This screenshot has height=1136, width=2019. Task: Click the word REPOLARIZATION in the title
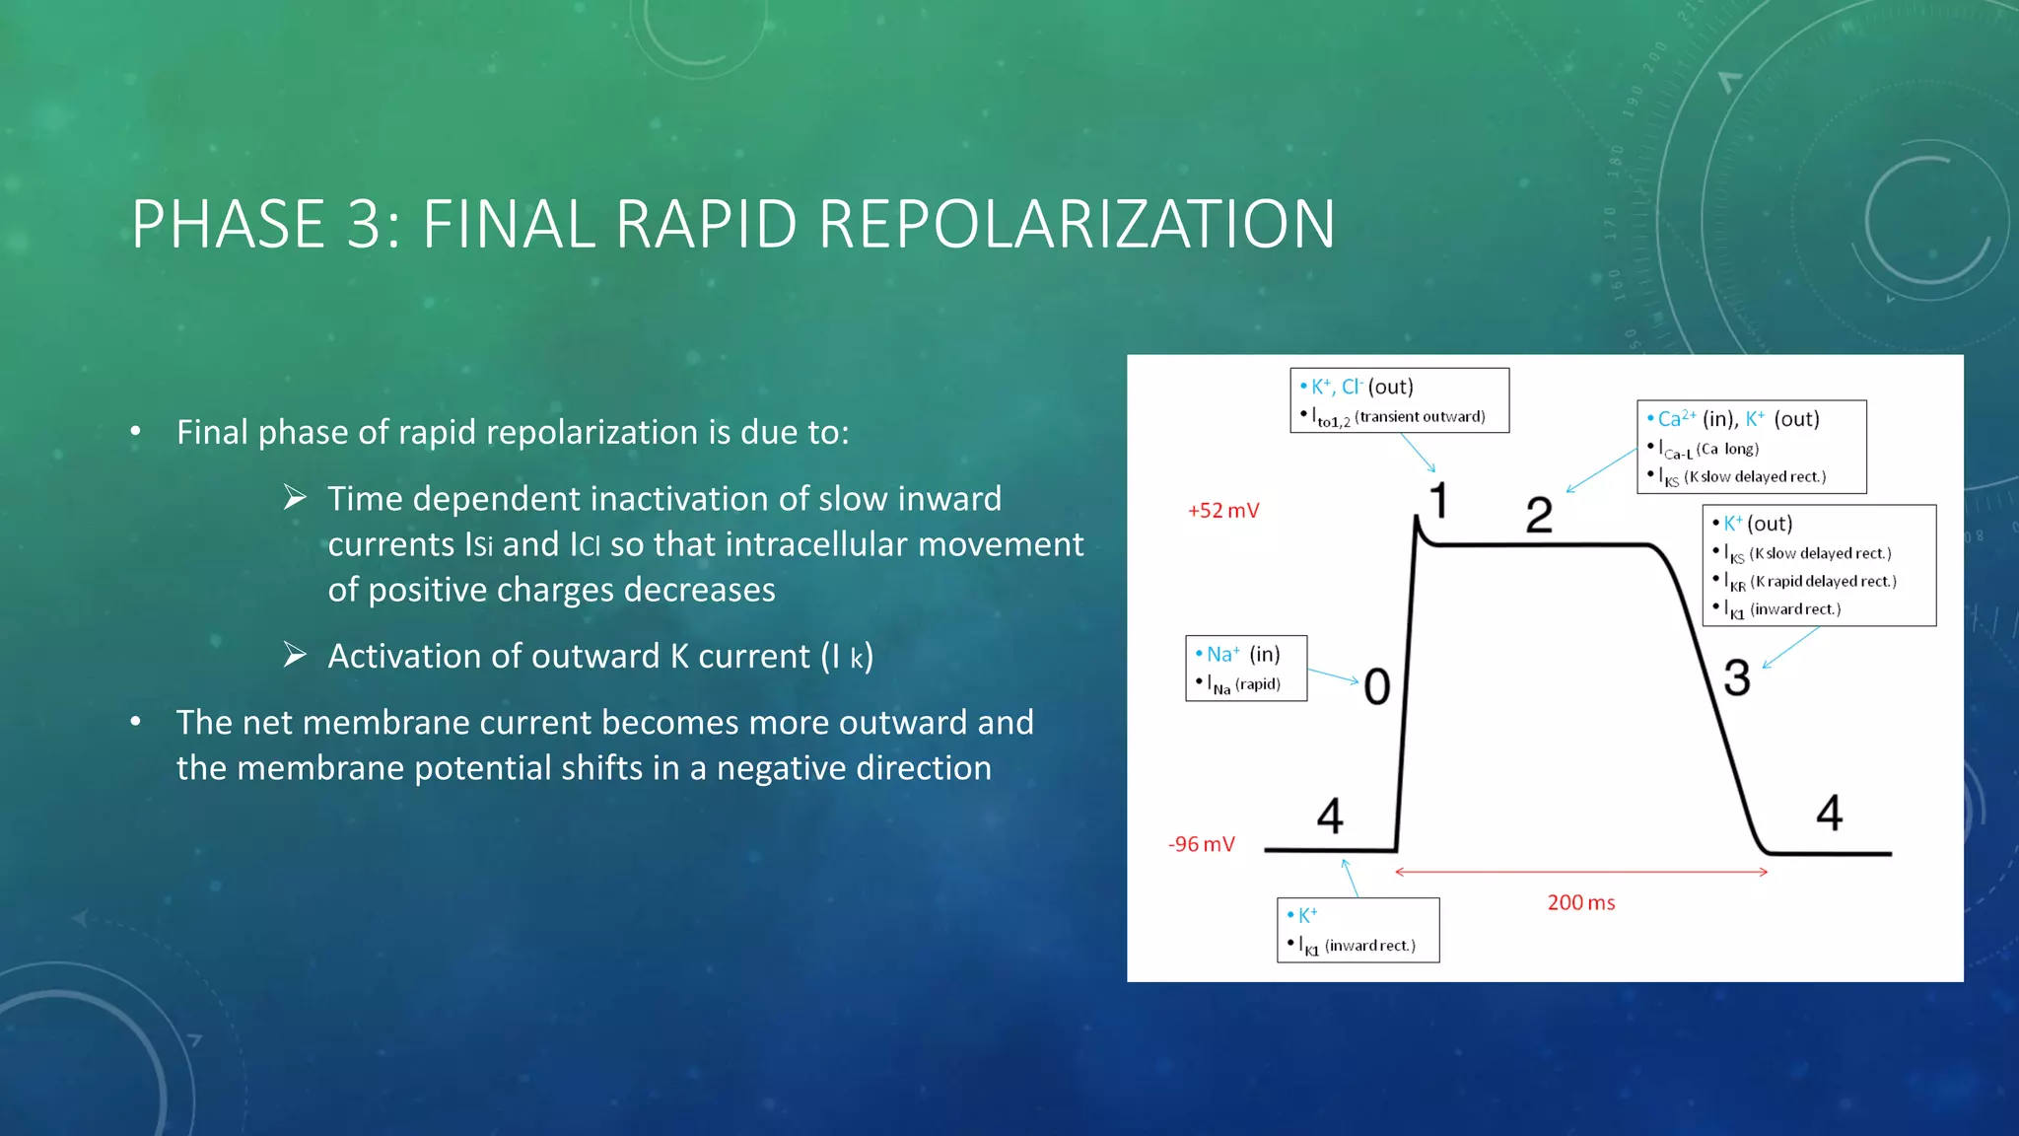pos(1077,225)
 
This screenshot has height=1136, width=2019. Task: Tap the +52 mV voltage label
pos(1223,511)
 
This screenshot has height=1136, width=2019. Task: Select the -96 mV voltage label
pos(1201,845)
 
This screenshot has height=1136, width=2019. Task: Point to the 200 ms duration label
pos(1580,903)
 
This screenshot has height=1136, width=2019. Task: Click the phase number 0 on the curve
pos(1377,687)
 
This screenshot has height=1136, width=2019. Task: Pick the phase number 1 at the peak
pos(1439,501)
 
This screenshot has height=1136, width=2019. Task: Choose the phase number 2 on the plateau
pos(1538,515)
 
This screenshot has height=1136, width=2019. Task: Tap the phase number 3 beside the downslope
pos(1737,678)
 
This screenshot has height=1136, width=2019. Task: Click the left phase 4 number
pos(1330,816)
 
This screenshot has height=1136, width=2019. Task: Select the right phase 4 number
pos(1830,814)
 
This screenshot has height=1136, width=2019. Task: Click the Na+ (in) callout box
pos(1246,669)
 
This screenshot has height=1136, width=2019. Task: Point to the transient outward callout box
pos(1399,400)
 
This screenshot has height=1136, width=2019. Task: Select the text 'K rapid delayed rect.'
pos(1823,582)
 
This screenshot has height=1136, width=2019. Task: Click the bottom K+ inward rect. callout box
pos(1358,930)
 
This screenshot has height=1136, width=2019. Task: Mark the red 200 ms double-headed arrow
pos(1581,872)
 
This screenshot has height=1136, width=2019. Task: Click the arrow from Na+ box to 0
pos(1333,675)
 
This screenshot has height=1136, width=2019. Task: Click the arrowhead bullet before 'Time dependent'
pos(295,498)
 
